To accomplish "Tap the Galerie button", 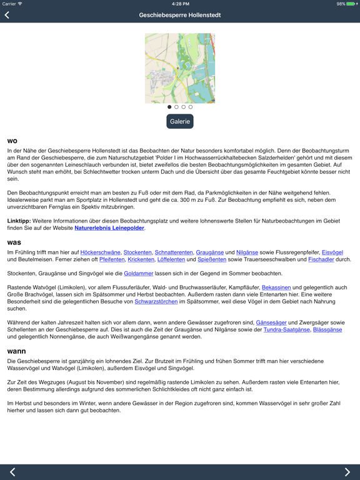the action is pos(180,122).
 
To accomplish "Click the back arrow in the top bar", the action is pos(7,15).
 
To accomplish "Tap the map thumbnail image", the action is pos(180,68).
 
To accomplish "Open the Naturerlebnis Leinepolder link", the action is pos(109,228).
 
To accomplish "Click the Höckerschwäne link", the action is pos(100,252).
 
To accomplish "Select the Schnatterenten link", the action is pos(173,252).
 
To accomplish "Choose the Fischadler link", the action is pos(321,259).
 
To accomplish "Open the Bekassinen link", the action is pos(276,287).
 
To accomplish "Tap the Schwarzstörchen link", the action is pos(156,301).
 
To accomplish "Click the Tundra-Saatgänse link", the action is pos(286,329).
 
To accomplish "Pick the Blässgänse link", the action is pos(327,329).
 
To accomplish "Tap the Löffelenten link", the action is pos(171,259).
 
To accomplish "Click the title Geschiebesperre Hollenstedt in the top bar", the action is pos(180,15).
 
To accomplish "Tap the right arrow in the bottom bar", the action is pos(347,472).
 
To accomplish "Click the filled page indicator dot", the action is pos(169,107).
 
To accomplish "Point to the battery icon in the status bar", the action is pos(351,4).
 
